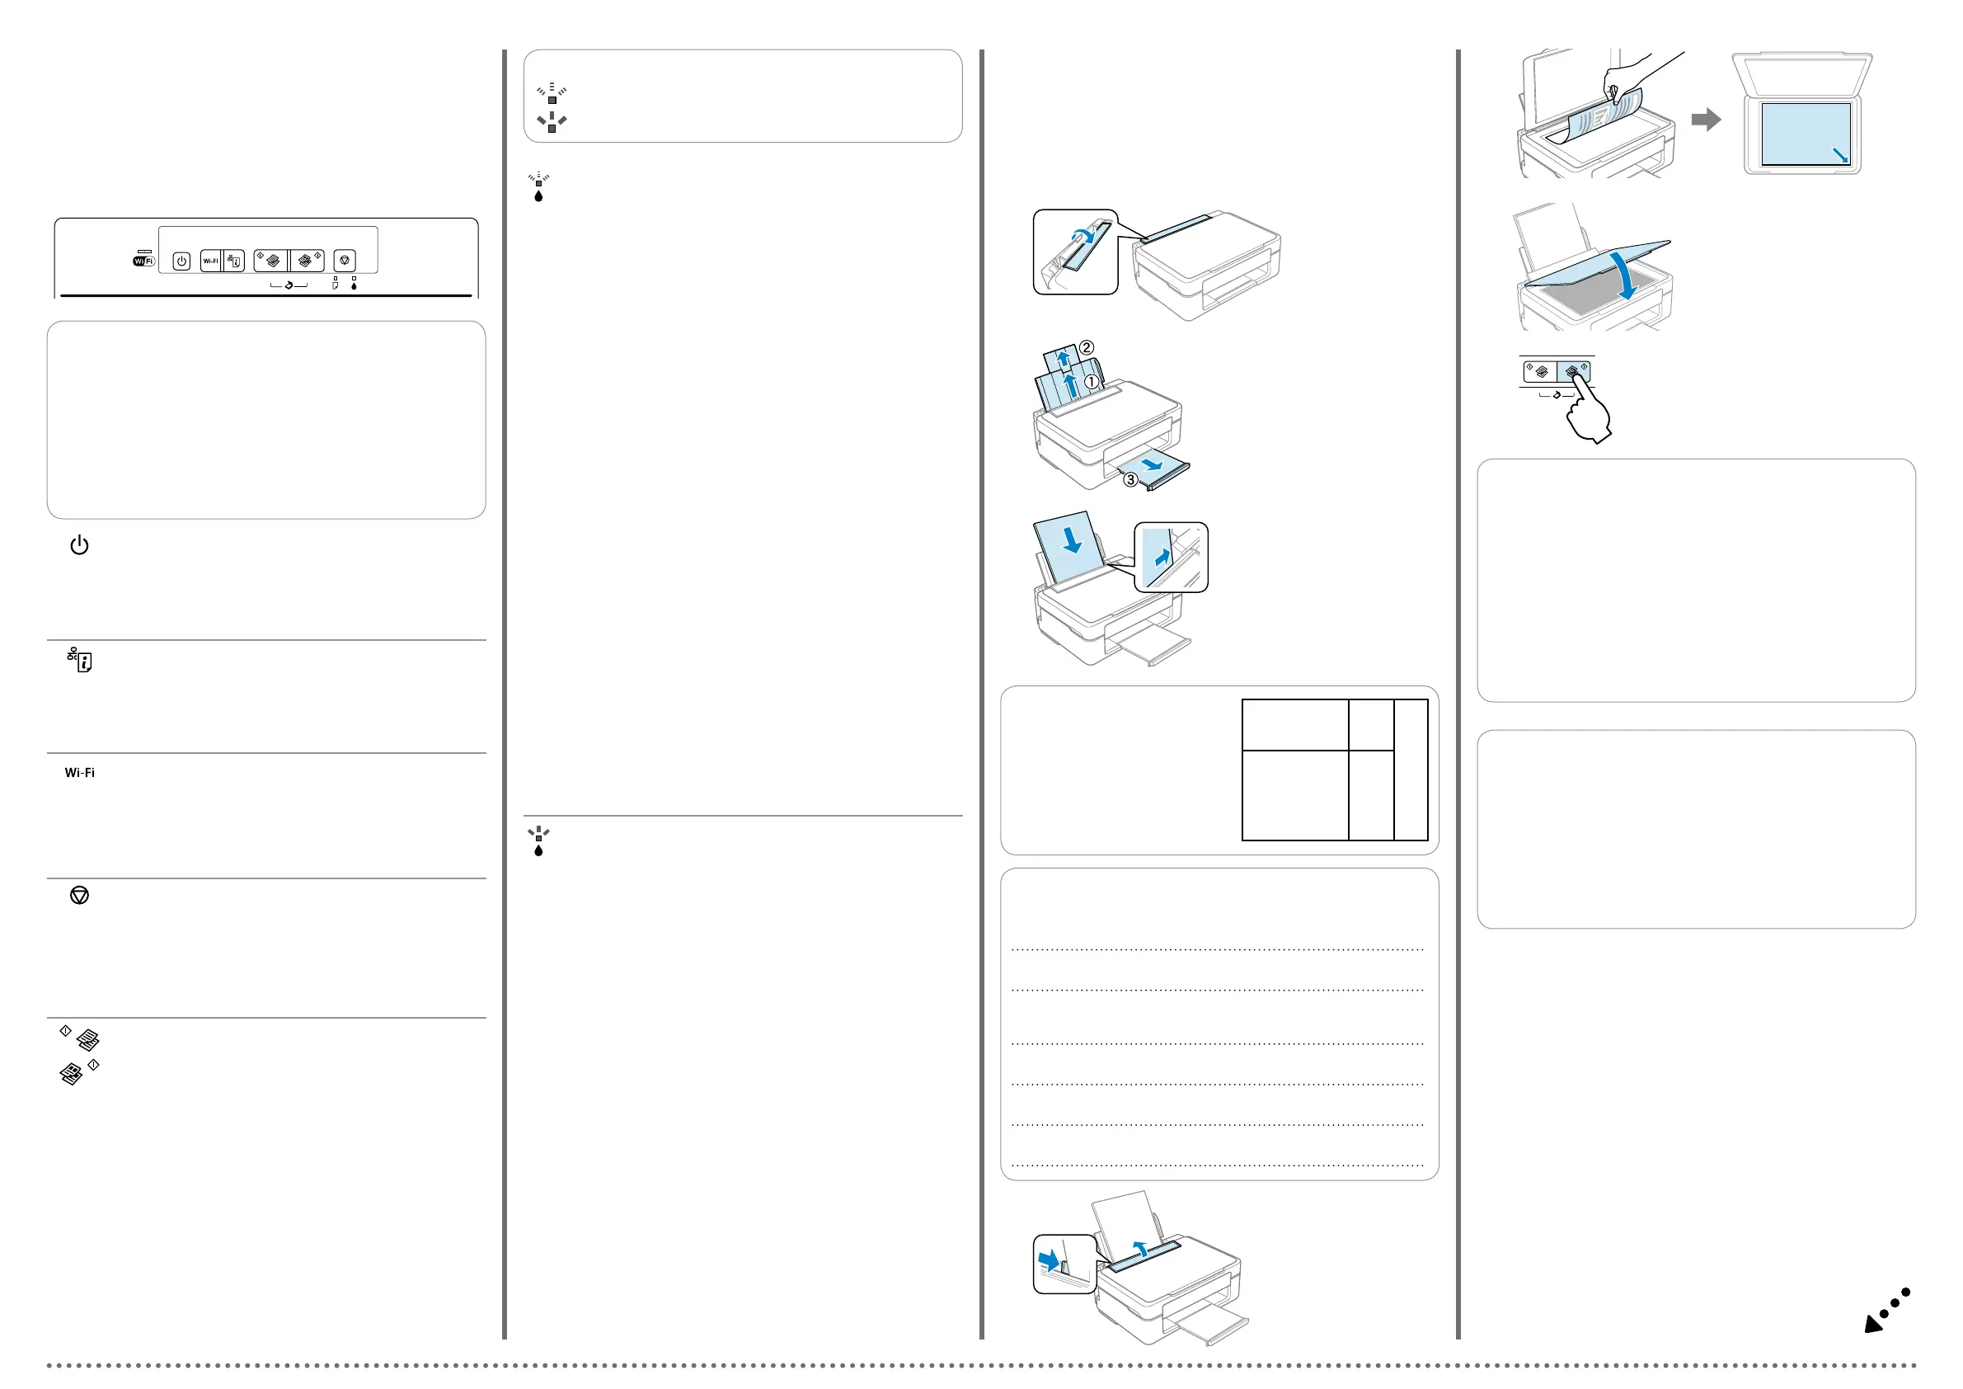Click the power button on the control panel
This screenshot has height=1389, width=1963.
(181, 261)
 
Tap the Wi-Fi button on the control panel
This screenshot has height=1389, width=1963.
(210, 261)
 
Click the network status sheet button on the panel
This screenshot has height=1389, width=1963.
(234, 261)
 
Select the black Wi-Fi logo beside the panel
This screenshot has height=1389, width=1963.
(143, 261)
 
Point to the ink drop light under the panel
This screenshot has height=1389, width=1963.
(354, 285)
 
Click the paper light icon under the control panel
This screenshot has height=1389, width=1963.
(336, 285)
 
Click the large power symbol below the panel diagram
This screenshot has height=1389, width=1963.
(79, 545)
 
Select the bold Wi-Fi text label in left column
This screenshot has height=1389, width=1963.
(79, 772)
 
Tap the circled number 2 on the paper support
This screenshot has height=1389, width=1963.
(1086, 347)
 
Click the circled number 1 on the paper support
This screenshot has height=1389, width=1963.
(1092, 381)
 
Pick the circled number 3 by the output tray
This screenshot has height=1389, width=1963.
(1130, 480)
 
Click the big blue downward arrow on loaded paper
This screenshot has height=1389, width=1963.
(1071, 539)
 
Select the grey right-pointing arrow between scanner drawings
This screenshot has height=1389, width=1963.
(1706, 119)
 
